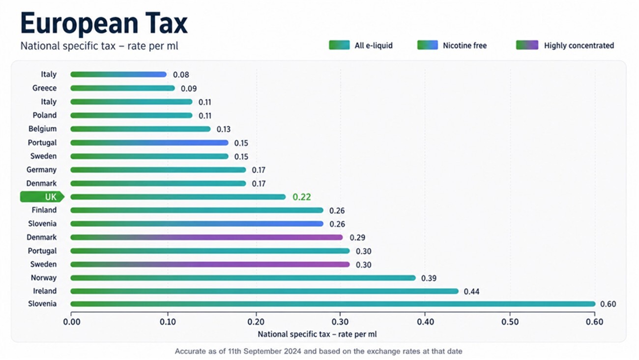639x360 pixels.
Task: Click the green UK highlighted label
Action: pyautogui.click(x=42, y=197)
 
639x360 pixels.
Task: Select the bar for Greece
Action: pyautogui.click(x=123, y=88)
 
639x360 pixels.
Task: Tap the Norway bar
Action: pyautogui.click(x=243, y=278)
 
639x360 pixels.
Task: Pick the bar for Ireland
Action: pyautogui.click(x=264, y=291)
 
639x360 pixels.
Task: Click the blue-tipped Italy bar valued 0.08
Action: pyautogui.click(x=118, y=75)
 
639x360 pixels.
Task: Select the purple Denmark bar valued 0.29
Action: pyautogui.click(x=206, y=237)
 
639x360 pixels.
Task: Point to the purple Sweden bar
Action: pyautogui.click(x=210, y=265)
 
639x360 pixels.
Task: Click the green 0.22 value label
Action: pyautogui.click(x=301, y=197)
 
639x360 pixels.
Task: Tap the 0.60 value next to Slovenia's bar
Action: pyautogui.click(x=608, y=304)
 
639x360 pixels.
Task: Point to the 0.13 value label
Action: pyautogui.click(x=223, y=129)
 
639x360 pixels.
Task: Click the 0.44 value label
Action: pyautogui.click(x=471, y=292)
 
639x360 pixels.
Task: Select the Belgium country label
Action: pyautogui.click(x=42, y=129)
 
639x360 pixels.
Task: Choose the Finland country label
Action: pyautogui.click(x=44, y=210)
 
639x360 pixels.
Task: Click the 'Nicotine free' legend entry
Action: pyautogui.click(x=452, y=45)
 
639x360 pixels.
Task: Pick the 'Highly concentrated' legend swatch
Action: pyautogui.click(x=527, y=45)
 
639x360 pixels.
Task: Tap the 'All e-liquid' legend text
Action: pyautogui.click(x=374, y=45)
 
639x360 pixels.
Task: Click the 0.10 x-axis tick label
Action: pyautogui.click(x=168, y=322)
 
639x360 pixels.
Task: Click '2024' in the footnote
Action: pyautogui.click(x=291, y=351)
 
